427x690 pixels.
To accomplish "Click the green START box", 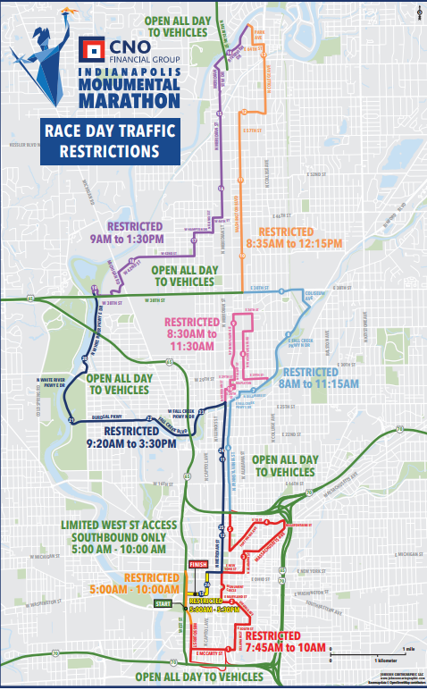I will (188, 605).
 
